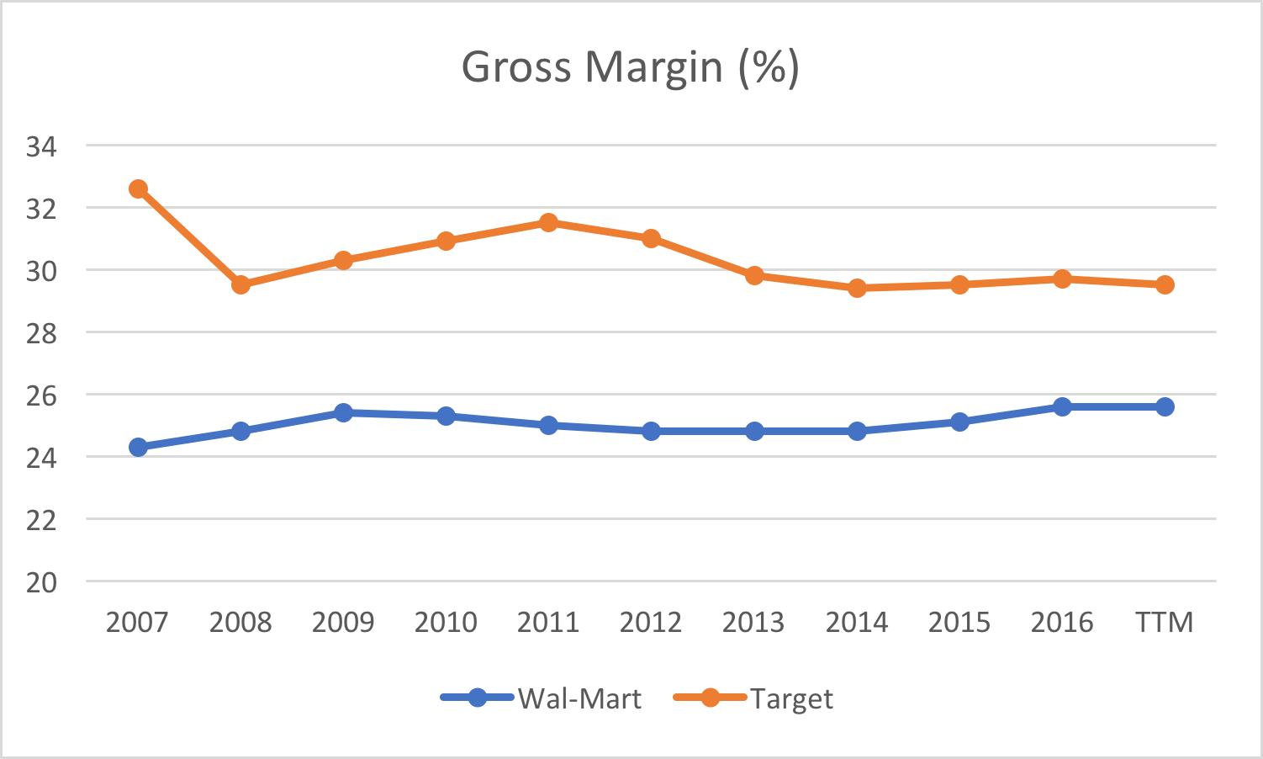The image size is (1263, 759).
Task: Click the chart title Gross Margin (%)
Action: pyautogui.click(x=631, y=67)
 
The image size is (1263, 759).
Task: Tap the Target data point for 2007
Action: pyautogui.click(x=138, y=189)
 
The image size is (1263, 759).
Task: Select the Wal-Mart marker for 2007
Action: pyautogui.click(x=138, y=447)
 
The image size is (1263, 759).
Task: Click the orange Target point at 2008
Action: pyautogui.click(x=240, y=284)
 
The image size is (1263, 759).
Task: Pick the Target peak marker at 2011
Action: pyautogui.click(x=548, y=223)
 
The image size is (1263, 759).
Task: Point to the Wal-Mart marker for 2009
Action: pyautogui.click(x=343, y=412)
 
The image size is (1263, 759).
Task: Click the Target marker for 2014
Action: pyautogui.click(x=857, y=288)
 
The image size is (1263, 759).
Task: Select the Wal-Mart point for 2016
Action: pyautogui.click(x=1062, y=406)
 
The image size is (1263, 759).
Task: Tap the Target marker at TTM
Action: pyautogui.click(x=1165, y=284)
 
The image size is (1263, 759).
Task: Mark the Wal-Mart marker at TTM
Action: pyautogui.click(x=1165, y=406)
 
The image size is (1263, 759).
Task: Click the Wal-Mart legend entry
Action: pyautogui.click(x=542, y=698)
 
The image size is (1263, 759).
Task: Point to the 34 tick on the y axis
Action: pyautogui.click(x=41, y=147)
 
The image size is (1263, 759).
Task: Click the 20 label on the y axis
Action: pyautogui.click(x=41, y=582)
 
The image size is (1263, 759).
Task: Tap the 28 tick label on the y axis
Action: pyautogui.click(x=41, y=333)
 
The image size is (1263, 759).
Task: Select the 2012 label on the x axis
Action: pyautogui.click(x=651, y=623)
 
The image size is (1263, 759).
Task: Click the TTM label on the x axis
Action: pyautogui.click(x=1165, y=623)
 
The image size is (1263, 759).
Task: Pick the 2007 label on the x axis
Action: pyautogui.click(x=137, y=623)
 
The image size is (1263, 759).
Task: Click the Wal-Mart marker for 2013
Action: pyautogui.click(x=754, y=431)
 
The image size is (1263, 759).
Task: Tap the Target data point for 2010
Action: pyautogui.click(x=446, y=241)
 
